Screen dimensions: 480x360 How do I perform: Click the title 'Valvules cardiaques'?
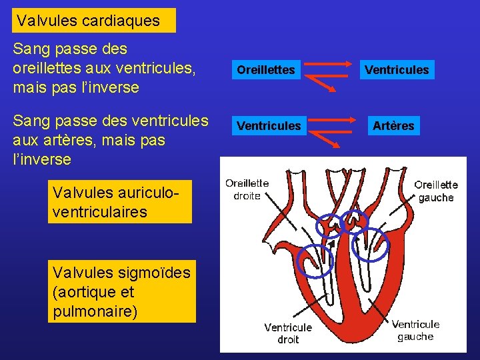[x=89, y=21]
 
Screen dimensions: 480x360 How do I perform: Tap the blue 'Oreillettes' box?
[x=266, y=69]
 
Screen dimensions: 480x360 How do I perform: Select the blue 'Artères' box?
[x=393, y=125]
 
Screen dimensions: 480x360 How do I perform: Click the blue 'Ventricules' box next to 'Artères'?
[x=269, y=125]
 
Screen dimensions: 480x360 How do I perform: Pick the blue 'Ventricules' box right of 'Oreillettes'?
[x=397, y=69]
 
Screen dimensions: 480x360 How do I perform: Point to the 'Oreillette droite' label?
[x=247, y=189]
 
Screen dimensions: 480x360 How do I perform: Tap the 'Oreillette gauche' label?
[x=436, y=191]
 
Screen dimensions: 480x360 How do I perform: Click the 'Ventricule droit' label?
[x=287, y=333]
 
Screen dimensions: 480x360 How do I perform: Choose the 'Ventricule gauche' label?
[x=415, y=330]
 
